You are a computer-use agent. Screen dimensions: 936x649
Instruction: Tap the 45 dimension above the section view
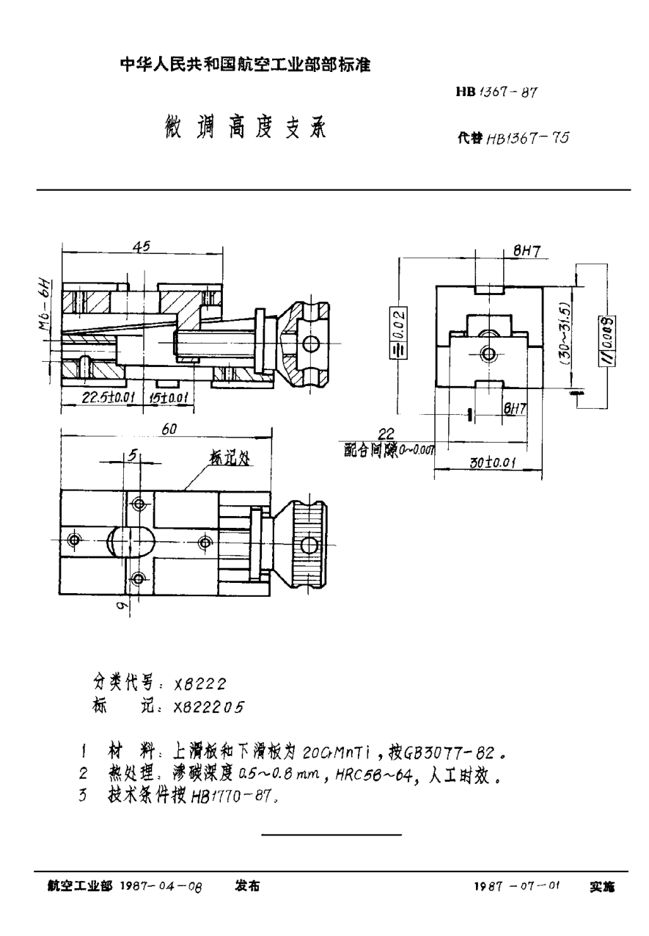[x=142, y=247]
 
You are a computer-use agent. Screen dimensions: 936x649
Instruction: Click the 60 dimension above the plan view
[x=169, y=430]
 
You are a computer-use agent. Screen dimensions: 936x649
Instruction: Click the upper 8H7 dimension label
[x=527, y=251]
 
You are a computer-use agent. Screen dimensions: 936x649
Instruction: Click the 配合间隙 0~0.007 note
[x=389, y=451]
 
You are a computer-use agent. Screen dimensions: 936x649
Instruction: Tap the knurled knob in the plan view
[x=307, y=543]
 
